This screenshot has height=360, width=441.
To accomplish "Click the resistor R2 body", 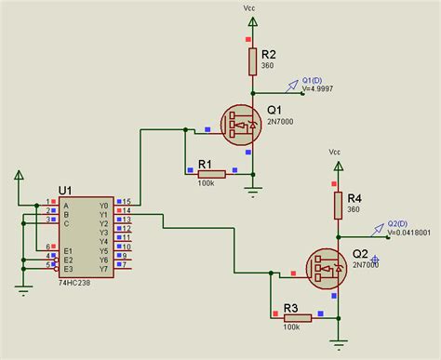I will (252, 61).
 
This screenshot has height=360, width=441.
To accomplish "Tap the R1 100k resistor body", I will (211, 174).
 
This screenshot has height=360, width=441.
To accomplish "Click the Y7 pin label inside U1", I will (104, 270).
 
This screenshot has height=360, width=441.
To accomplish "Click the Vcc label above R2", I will (248, 7).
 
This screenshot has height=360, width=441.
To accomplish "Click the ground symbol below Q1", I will (252, 193).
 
